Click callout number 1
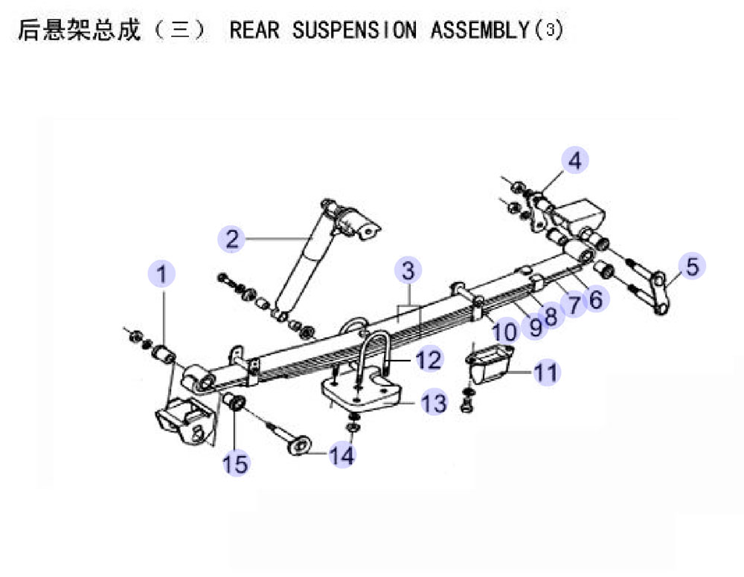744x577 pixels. pyautogui.click(x=161, y=274)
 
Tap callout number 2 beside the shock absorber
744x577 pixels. pyautogui.click(x=231, y=239)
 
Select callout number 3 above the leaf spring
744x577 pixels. pyautogui.click(x=408, y=270)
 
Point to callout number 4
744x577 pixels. pyautogui.click(x=574, y=161)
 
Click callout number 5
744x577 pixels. pyautogui.click(x=692, y=265)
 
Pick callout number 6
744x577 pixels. pyautogui.click(x=596, y=300)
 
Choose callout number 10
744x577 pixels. pyautogui.click(x=505, y=332)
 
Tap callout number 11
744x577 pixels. pyautogui.click(x=546, y=373)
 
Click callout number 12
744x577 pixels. pyautogui.click(x=429, y=359)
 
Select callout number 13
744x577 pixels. pyautogui.click(x=434, y=403)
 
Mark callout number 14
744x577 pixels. pyautogui.click(x=342, y=455)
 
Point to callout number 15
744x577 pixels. pyautogui.click(x=236, y=463)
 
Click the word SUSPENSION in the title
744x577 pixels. pyautogui.click(x=354, y=30)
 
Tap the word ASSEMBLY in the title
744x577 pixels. pyautogui.click(x=480, y=30)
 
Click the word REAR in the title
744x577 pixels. pyautogui.click(x=254, y=30)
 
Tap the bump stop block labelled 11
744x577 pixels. pyautogui.click(x=490, y=363)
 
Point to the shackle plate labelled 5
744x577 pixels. pyautogui.click(x=659, y=292)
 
